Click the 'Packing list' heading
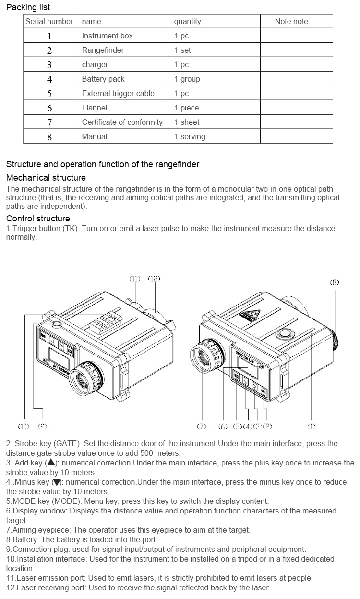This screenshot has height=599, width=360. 28,7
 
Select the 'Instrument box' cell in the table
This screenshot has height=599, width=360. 107,36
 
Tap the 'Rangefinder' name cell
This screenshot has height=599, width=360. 103,50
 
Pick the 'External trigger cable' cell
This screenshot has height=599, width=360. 118,93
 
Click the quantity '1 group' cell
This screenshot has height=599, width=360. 187,79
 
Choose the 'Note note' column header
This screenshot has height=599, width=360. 291,21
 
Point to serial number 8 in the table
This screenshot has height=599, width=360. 49,136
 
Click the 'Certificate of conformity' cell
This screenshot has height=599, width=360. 122,122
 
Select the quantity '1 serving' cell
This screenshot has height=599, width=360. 189,136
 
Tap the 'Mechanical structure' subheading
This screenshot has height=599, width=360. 46,178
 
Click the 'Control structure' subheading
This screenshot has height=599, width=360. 38,219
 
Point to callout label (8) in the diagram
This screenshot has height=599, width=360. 334,282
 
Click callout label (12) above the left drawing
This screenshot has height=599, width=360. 154,279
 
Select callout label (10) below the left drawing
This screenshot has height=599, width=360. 23,426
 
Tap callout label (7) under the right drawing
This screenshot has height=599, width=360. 202,426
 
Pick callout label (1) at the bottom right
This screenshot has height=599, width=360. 312,426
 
